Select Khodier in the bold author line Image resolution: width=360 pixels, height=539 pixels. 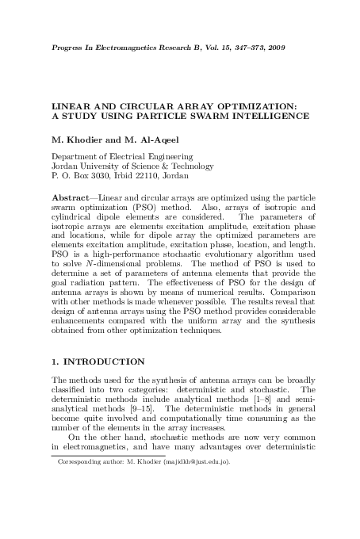[x=79, y=139]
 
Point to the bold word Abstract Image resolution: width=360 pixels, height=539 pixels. [x=69, y=196]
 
